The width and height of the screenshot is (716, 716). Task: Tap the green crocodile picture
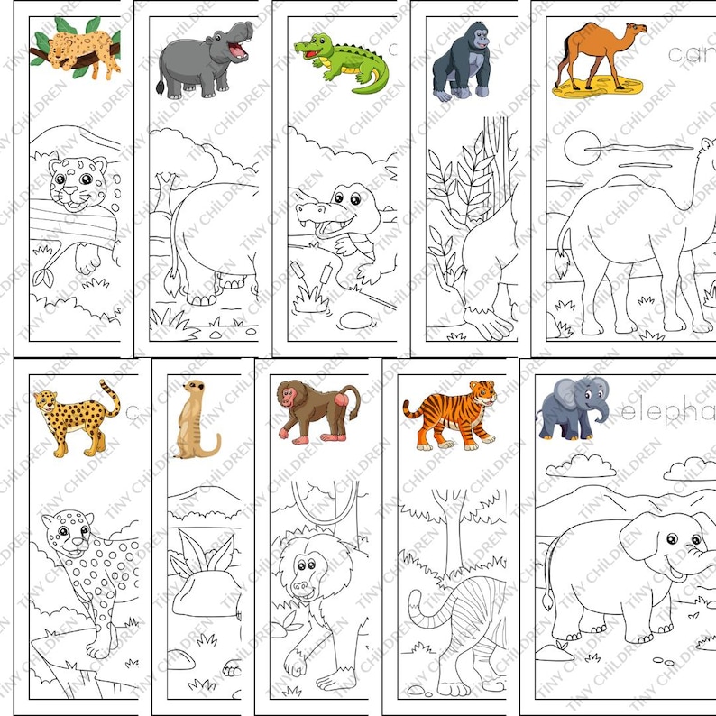(340, 61)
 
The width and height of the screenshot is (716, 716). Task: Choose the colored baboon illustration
(317, 410)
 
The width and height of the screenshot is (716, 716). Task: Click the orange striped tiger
(448, 414)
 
